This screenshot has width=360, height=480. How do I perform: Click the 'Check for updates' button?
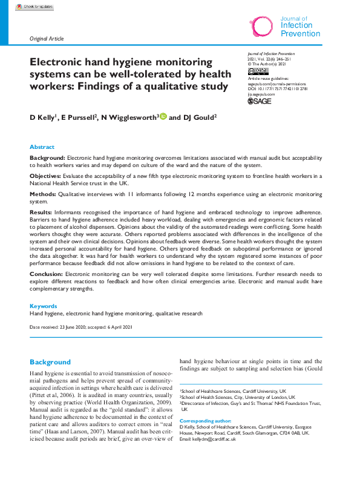[x=34, y=6]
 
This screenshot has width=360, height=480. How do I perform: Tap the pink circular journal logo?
[x=263, y=26]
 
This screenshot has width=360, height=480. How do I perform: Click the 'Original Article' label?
[x=47, y=38]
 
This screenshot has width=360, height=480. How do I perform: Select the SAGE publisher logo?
[x=260, y=102]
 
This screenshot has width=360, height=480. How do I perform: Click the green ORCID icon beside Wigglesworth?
[x=163, y=116]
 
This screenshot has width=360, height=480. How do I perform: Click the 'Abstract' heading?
[x=42, y=147]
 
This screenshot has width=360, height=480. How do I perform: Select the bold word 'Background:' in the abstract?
[x=48, y=157]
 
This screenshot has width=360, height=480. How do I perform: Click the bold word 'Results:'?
[x=42, y=213]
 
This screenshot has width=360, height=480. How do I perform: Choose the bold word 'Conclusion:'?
[x=47, y=274]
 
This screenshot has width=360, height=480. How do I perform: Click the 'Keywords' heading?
[x=44, y=306]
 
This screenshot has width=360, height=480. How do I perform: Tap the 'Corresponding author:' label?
[x=205, y=420]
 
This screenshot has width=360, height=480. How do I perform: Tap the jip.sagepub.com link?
[x=261, y=94]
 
